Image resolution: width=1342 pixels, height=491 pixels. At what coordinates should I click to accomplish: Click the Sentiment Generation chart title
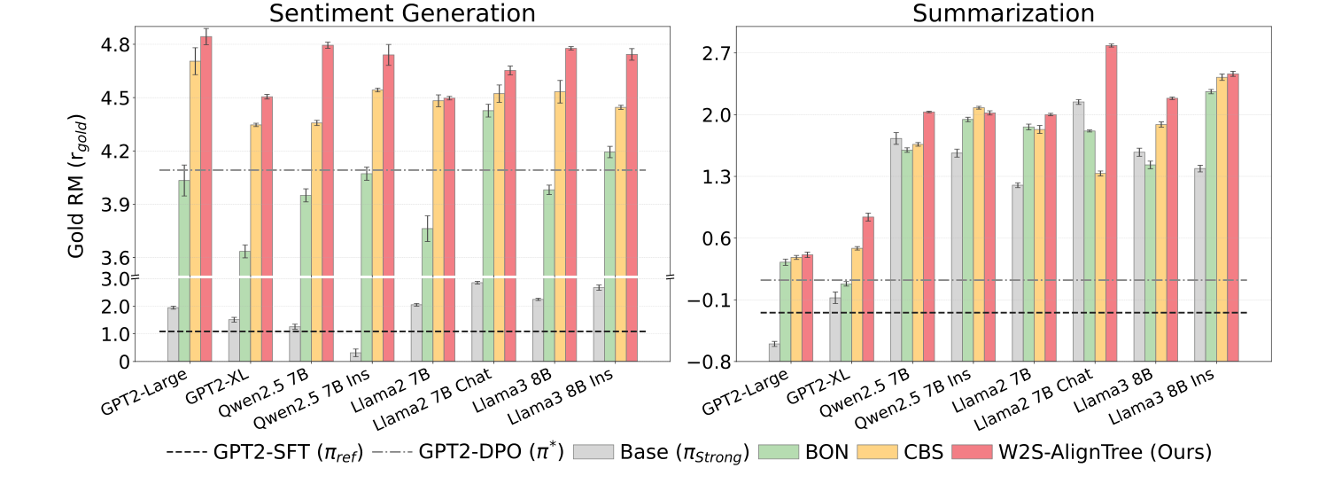(x=402, y=13)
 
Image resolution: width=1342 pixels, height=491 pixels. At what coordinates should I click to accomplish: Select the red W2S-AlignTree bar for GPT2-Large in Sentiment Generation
(x=206, y=195)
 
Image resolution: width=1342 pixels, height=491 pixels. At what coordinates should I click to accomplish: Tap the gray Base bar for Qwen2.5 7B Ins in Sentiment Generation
(x=355, y=355)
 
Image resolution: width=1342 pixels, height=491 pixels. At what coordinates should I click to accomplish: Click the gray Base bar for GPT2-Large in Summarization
(x=774, y=352)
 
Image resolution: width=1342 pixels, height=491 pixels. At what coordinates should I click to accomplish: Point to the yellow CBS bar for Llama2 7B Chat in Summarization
(x=1099, y=266)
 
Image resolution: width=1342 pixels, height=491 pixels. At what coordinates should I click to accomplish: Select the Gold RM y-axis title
(x=77, y=186)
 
